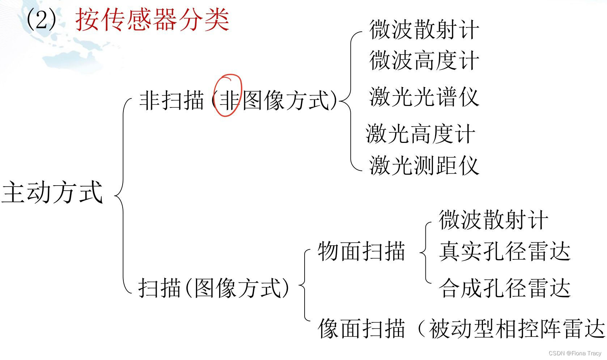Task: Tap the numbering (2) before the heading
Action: pyautogui.click(x=42, y=20)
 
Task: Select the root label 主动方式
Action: pyautogui.click(x=52, y=192)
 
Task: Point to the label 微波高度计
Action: pyautogui.click(x=424, y=60)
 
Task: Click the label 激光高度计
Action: pyautogui.click(x=420, y=134)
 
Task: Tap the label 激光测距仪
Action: pyautogui.click(x=424, y=166)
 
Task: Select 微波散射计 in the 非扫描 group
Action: pyautogui.click(x=424, y=29)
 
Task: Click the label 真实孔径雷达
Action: pyautogui.click(x=505, y=251)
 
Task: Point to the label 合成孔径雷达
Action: pyautogui.click(x=505, y=288)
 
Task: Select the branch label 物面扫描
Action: pyautogui.click(x=361, y=251)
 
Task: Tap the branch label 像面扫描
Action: pyautogui.click(x=361, y=329)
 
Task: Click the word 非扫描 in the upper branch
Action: pyautogui.click(x=171, y=100)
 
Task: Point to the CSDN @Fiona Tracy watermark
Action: pyautogui.click(x=575, y=353)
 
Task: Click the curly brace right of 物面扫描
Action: pyautogui.click(x=425, y=251)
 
